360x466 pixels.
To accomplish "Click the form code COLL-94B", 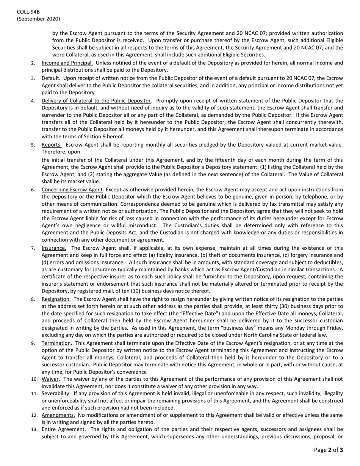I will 28,12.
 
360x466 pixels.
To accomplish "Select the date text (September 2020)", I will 38,19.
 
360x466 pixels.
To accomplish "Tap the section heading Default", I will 51,78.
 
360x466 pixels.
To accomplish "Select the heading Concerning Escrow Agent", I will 72,189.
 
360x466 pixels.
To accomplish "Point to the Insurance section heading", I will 54,248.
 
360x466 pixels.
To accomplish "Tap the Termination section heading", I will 57,343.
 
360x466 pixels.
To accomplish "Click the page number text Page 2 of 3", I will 329,450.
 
